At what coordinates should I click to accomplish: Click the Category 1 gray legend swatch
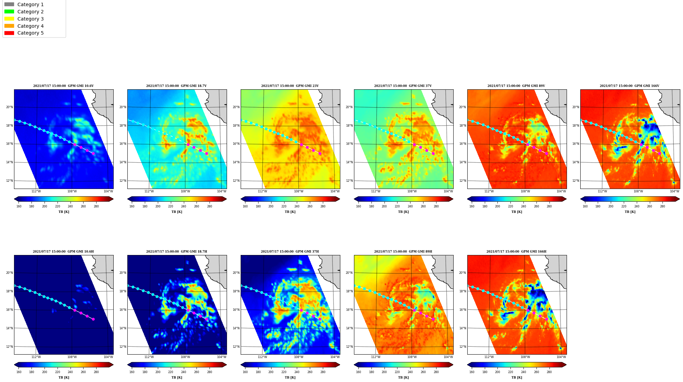(9, 4)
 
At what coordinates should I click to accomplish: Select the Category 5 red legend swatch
(9, 33)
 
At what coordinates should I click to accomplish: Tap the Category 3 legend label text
(30, 19)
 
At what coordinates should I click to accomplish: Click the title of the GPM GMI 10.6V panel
(63, 86)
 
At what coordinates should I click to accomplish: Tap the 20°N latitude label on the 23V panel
(236, 107)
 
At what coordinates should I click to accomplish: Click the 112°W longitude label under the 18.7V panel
(149, 191)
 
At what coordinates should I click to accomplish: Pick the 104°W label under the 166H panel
(561, 357)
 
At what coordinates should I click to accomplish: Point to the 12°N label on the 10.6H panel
(10, 347)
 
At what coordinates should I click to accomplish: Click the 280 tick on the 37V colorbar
(436, 206)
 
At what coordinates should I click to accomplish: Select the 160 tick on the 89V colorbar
(472, 206)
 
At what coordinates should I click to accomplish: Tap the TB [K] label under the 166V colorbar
(630, 212)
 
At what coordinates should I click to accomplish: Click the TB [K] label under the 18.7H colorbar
(177, 378)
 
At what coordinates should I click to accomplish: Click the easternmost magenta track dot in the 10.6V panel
(93, 153)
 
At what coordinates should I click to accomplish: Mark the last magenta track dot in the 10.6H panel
(93, 319)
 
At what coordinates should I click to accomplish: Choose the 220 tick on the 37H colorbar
(284, 372)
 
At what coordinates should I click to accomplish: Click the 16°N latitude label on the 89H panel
(350, 310)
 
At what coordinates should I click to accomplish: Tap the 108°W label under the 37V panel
(412, 191)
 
